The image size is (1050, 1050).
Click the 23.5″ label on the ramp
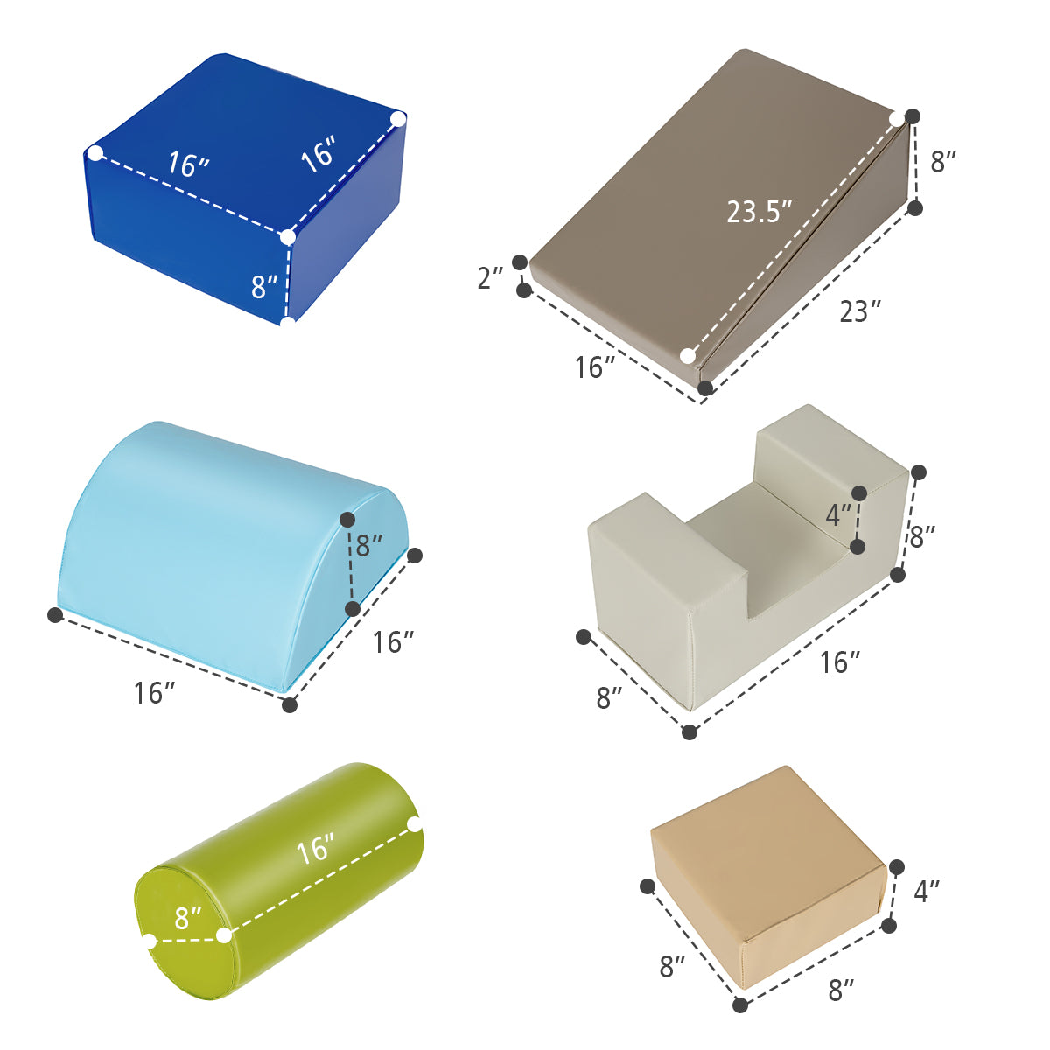(x=759, y=212)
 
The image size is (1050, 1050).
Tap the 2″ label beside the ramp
(x=490, y=278)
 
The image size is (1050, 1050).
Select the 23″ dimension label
(x=860, y=311)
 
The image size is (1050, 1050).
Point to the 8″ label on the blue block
(x=264, y=287)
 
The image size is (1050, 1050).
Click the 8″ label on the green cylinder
(x=188, y=918)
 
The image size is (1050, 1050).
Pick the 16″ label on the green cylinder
(x=315, y=849)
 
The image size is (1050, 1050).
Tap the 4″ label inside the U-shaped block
(x=838, y=514)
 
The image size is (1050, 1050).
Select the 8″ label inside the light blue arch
(x=369, y=545)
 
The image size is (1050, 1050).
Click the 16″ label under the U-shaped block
(x=840, y=662)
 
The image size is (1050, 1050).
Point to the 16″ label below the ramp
(x=596, y=367)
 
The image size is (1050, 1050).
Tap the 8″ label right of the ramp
(x=944, y=162)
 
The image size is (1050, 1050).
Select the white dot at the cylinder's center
(x=224, y=936)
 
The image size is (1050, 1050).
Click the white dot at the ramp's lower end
(x=688, y=356)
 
